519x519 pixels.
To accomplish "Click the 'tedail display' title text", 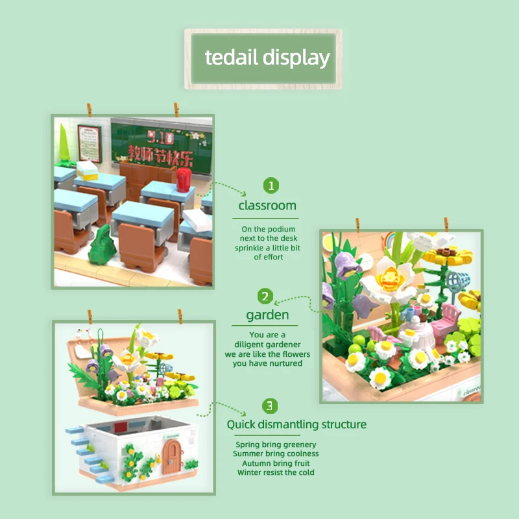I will point(267,57).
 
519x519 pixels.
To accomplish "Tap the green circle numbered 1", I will point(271,186).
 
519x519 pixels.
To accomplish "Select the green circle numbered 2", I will point(265,296).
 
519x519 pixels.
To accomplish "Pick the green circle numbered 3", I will point(270,406).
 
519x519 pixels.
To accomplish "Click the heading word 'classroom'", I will point(267,206).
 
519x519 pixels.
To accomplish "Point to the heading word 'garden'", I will point(267,315).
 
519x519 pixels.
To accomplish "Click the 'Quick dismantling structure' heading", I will point(296,424).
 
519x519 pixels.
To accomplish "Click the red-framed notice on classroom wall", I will point(90,143).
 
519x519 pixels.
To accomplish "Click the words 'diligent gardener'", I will point(267,345).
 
